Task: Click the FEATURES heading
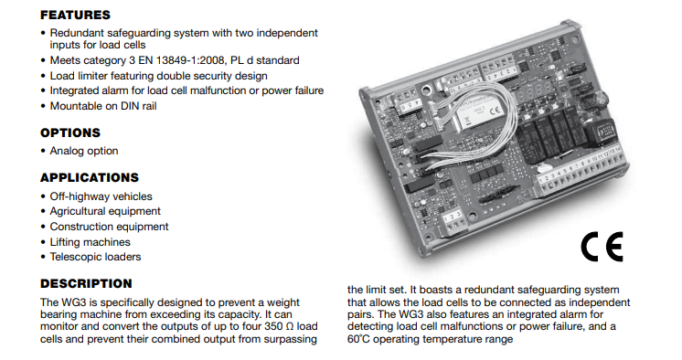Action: click(75, 16)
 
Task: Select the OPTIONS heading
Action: click(70, 132)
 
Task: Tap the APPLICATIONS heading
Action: click(90, 178)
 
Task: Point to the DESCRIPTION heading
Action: click(86, 283)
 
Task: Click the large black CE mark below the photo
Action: click(602, 247)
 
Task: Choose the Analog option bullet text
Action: click(84, 151)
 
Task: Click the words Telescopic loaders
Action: click(95, 257)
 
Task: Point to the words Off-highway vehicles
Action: click(101, 196)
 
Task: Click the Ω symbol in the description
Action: click(290, 326)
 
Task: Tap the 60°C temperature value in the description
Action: click(358, 339)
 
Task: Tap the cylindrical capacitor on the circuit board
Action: click(601, 100)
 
